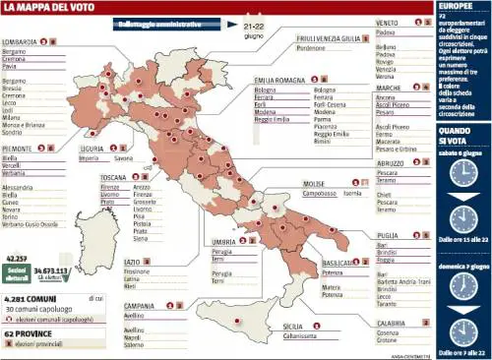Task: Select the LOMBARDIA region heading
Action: (19, 42)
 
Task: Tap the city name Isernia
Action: (354, 194)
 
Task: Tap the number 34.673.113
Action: (49, 269)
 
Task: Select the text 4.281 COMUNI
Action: (29, 298)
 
